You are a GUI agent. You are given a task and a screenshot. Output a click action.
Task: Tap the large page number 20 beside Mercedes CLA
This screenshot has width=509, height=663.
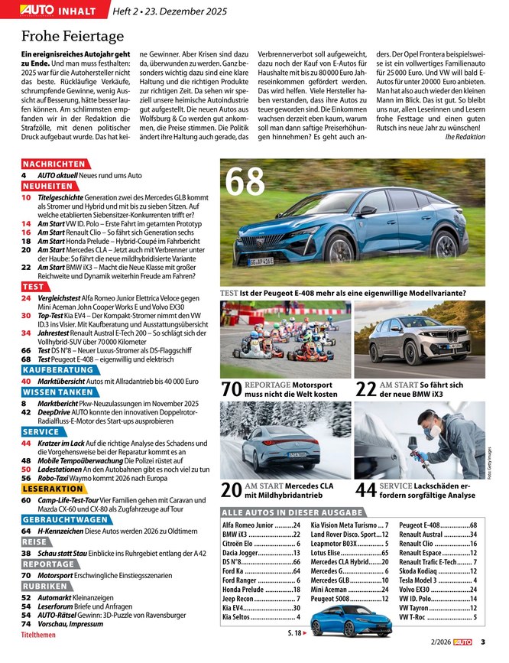[232, 490]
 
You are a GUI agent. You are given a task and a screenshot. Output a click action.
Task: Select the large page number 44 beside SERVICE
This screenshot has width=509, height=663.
[366, 490]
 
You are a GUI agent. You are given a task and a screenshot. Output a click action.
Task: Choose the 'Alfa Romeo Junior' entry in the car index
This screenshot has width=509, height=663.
[248, 525]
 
